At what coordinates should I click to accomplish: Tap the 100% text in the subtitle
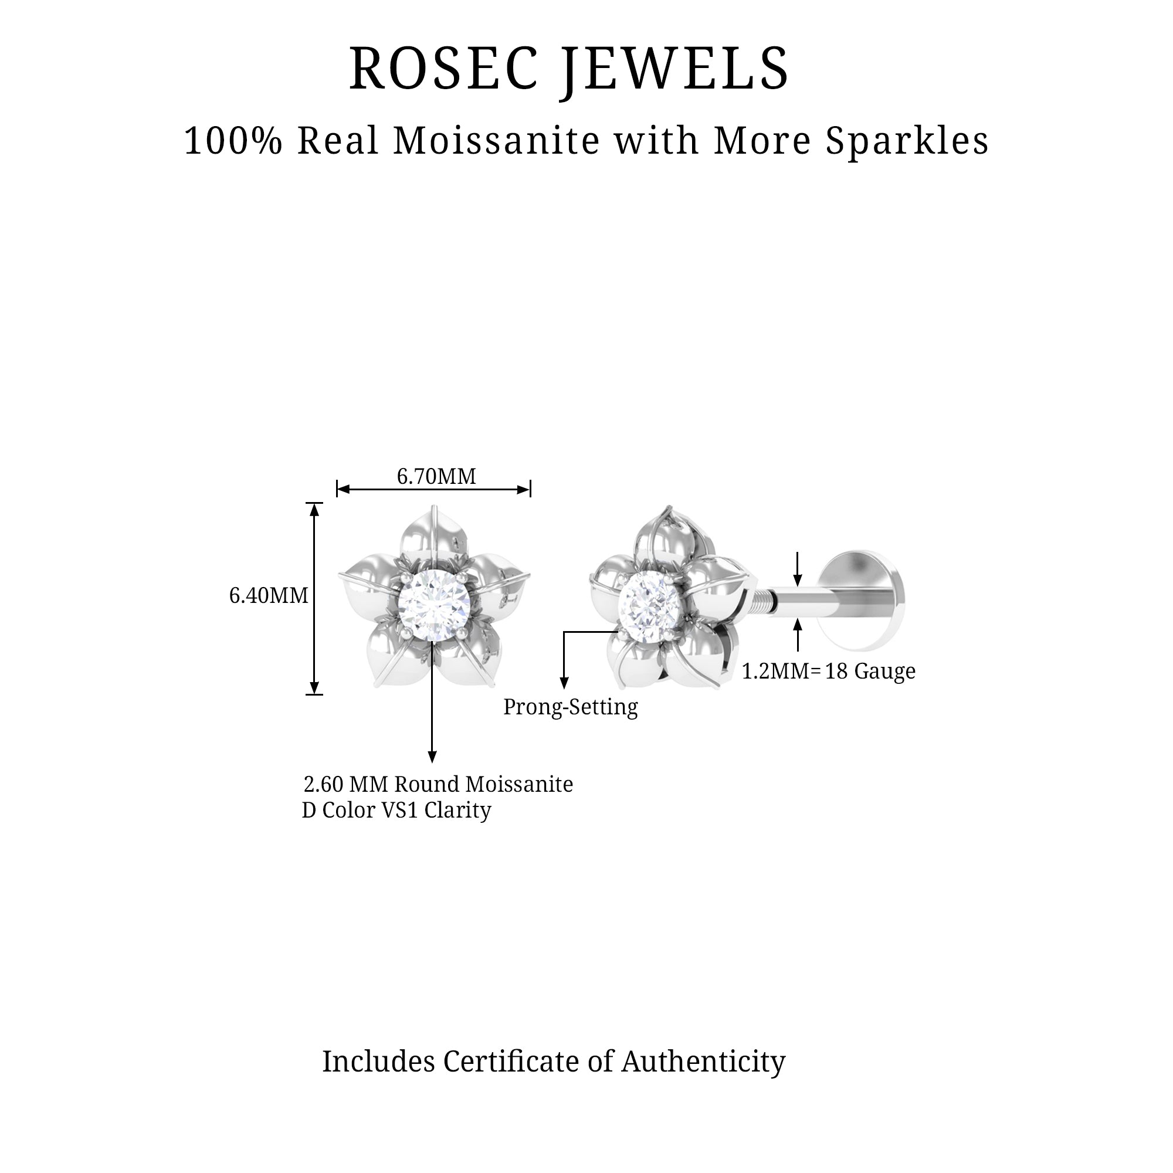pos(233,141)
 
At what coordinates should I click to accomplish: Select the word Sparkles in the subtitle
pos(907,141)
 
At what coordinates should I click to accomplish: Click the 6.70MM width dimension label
pos(436,477)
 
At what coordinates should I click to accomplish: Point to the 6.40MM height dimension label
pos(269,596)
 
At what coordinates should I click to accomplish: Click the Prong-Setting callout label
pos(570,707)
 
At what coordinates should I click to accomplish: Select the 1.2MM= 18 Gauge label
pos(828,671)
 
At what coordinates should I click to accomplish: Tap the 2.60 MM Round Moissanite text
pos(438,784)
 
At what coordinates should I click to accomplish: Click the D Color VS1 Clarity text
pos(396,810)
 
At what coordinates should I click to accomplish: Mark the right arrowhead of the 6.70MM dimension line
pos(524,489)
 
